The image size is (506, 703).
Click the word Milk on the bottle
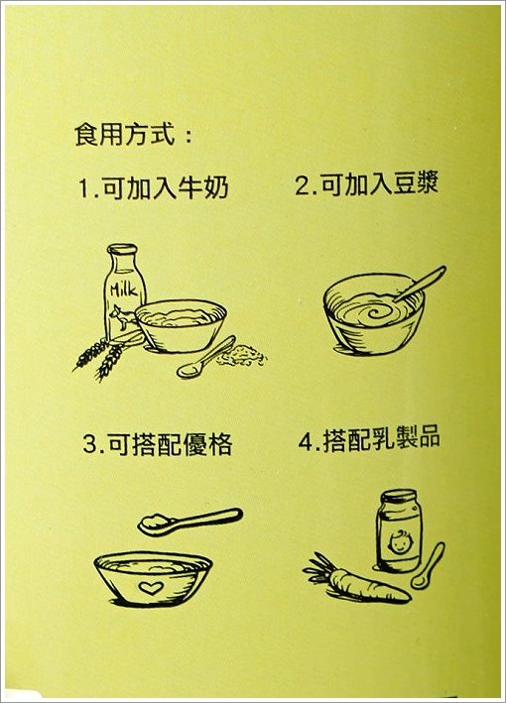124,291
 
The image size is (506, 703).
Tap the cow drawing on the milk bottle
122,317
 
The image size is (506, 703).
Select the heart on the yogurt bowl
150,588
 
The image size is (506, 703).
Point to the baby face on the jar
398,542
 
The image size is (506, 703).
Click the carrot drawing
356,581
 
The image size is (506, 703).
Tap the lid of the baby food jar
399,497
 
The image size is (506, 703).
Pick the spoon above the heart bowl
190,522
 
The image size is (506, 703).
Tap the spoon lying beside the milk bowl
206,357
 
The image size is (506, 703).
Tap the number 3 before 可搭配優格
91,444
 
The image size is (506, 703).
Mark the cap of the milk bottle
122,250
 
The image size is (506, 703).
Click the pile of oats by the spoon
242,355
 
